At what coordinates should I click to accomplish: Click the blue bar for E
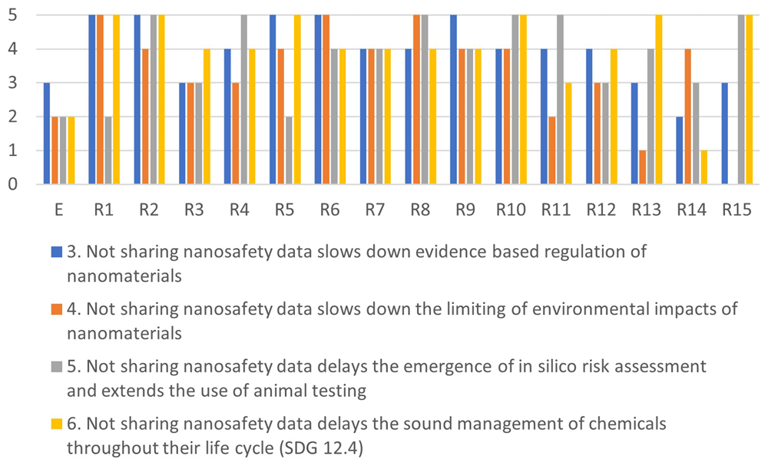[x=47, y=134]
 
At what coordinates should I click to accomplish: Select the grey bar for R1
[x=108, y=150]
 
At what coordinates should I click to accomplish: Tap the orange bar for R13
[x=643, y=167]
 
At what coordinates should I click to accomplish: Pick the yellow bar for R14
[x=703, y=167]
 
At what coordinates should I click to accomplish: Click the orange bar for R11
[x=552, y=150]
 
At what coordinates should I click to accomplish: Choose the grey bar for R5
[x=289, y=150]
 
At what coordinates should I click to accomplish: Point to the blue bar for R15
[x=725, y=134]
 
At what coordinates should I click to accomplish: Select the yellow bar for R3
[x=207, y=117]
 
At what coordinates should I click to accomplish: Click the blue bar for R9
[x=454, y=100]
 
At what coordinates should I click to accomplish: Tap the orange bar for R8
[x=416, y=100]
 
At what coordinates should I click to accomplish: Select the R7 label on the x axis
[x=376, y=210]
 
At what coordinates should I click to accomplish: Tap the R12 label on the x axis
[x=601, y=210]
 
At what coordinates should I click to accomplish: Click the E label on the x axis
[x=59, y=210]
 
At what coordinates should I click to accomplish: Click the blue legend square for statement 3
[x=57, y=252]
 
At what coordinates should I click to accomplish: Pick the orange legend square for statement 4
[x=57, y=309]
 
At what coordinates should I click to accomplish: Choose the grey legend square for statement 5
[x=57, y=367]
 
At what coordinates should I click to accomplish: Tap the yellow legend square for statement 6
[x=57, y=424]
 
